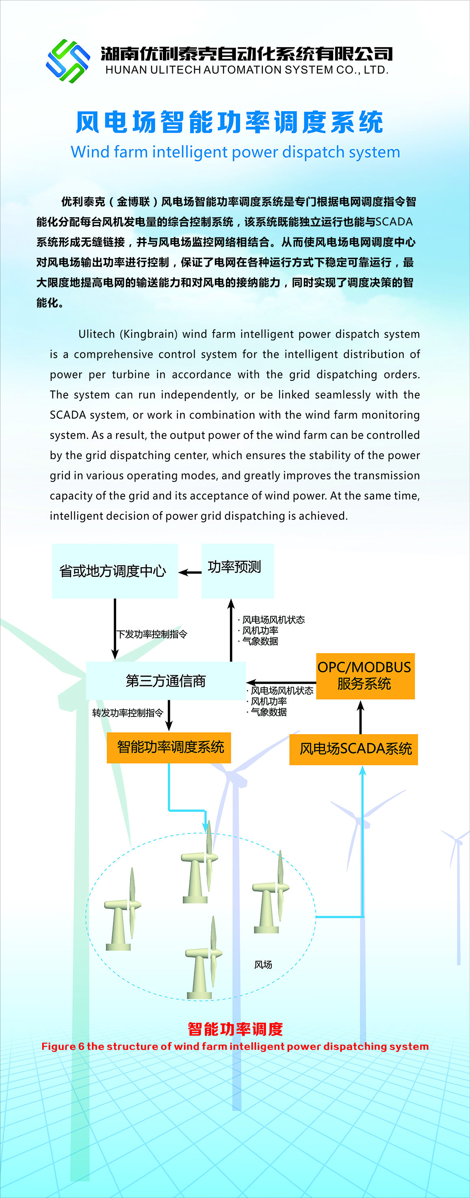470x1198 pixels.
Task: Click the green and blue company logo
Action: point(68,61)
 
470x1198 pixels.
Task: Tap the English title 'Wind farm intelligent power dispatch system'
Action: point(236,152)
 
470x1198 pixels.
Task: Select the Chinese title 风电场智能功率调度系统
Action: point(230,122)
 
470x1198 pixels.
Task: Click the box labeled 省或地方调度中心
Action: point(115,571)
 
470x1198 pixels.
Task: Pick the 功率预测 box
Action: point(237,571)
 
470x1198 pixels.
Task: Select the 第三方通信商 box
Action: point(166,681)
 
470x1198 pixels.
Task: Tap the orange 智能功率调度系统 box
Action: point(169,747)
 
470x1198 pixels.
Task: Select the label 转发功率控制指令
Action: point(128,713)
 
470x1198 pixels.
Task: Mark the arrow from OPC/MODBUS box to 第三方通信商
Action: point(281,683)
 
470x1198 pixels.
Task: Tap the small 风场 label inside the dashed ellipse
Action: point(263,965)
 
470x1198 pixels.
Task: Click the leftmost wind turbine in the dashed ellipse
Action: point(123,909)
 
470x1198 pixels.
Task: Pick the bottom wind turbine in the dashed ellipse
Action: point(204,958)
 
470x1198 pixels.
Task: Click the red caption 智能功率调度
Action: point(236,1029)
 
